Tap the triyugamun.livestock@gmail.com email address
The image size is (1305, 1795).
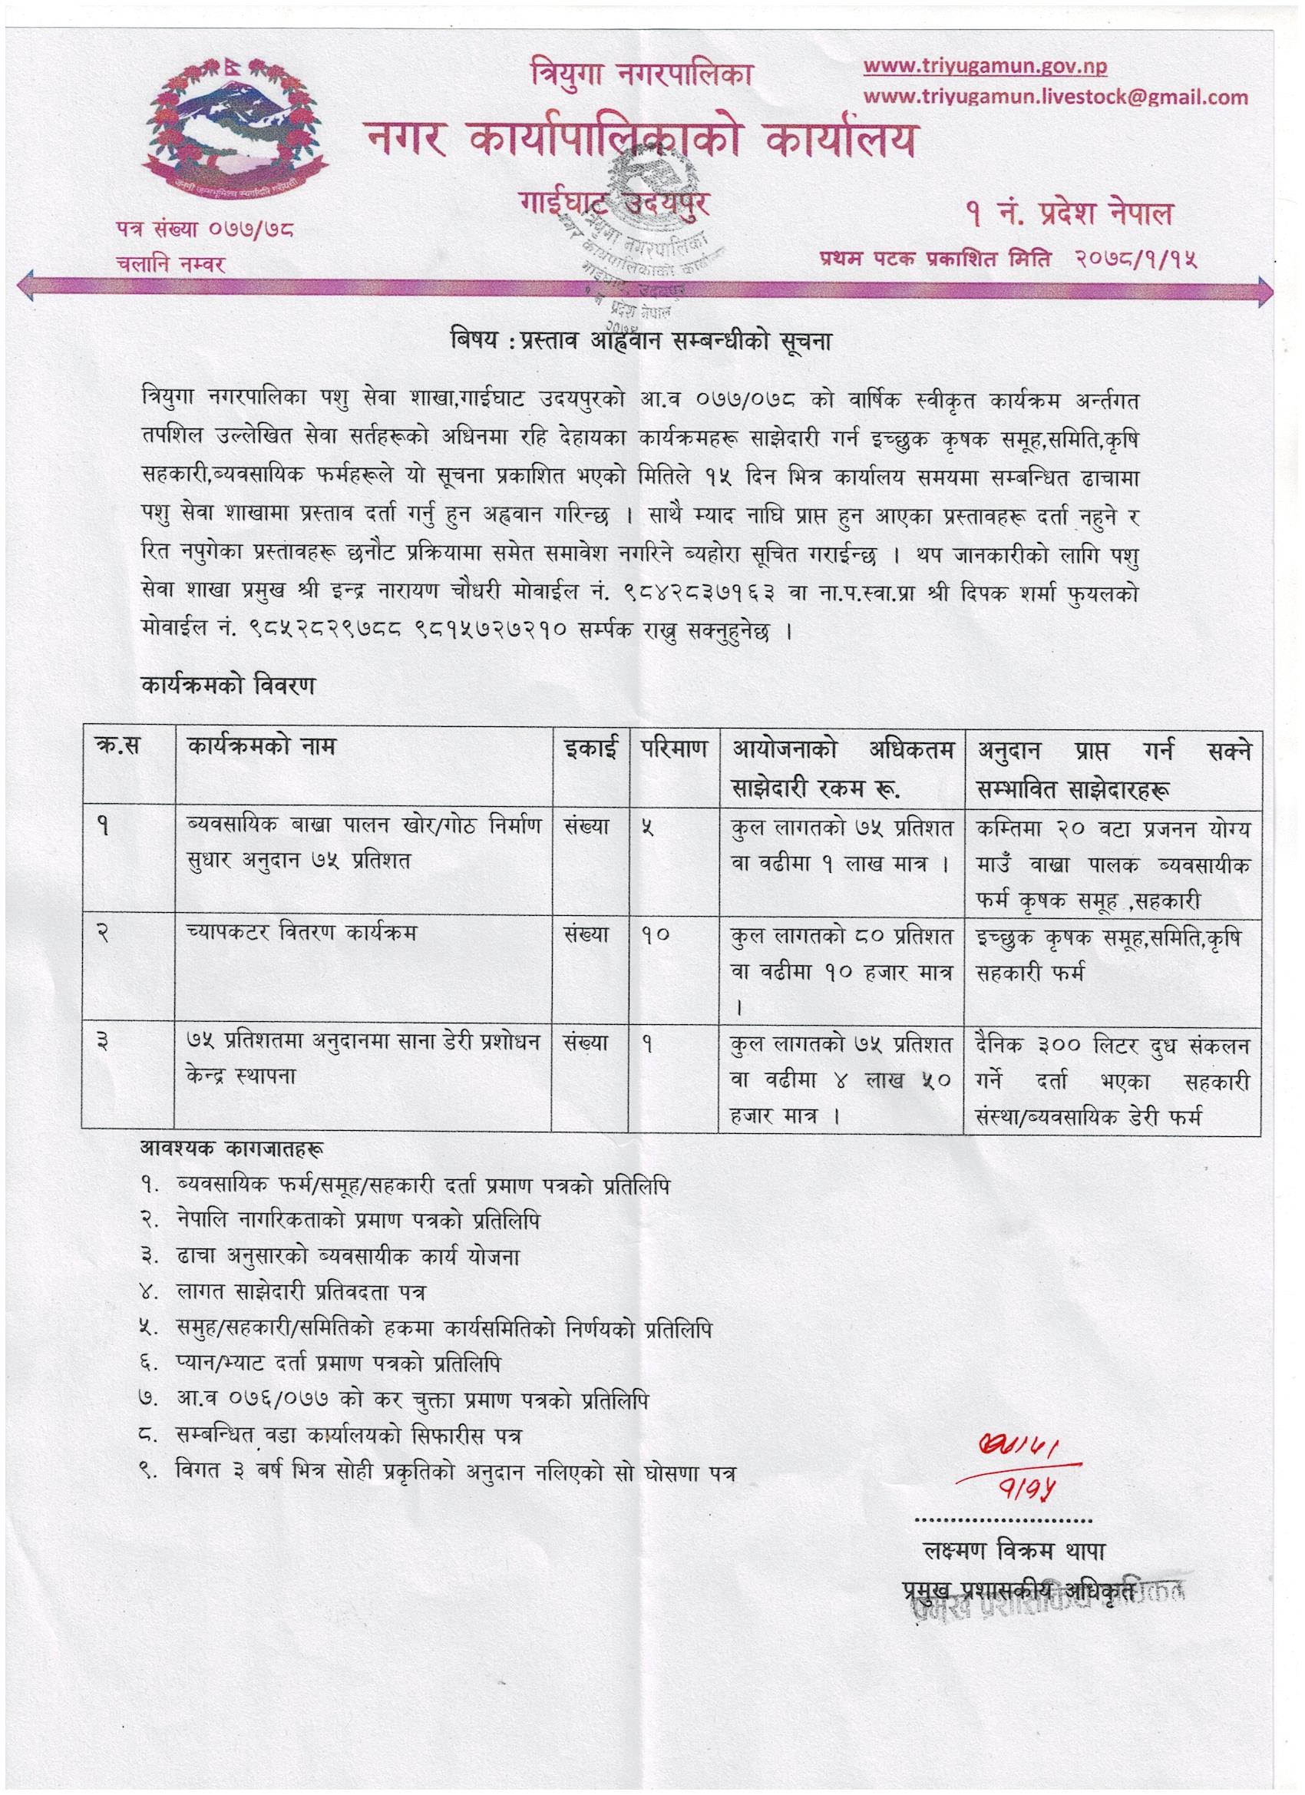point(1056,98)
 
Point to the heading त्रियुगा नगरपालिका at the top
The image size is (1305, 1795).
point(640,77)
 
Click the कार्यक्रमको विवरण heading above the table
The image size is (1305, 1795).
point(228,685)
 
